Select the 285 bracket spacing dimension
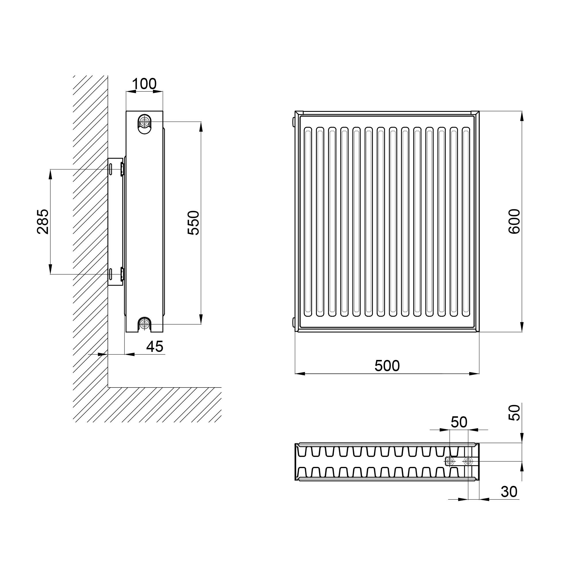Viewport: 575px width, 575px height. [x=43, y=221]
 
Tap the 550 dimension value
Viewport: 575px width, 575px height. [x=193, y=223]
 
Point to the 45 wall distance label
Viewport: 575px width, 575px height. [x=155, y=346]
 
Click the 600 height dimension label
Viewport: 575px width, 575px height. [x=514, y=221]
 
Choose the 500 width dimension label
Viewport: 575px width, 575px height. [x=387, y=366]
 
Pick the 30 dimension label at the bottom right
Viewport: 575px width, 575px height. [x=509, y=492]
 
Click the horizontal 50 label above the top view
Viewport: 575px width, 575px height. [x=459, y=422]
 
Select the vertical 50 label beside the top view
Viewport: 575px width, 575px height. [x=514, y=413]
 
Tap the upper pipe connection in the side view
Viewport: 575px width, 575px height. [x=145, y=121]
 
